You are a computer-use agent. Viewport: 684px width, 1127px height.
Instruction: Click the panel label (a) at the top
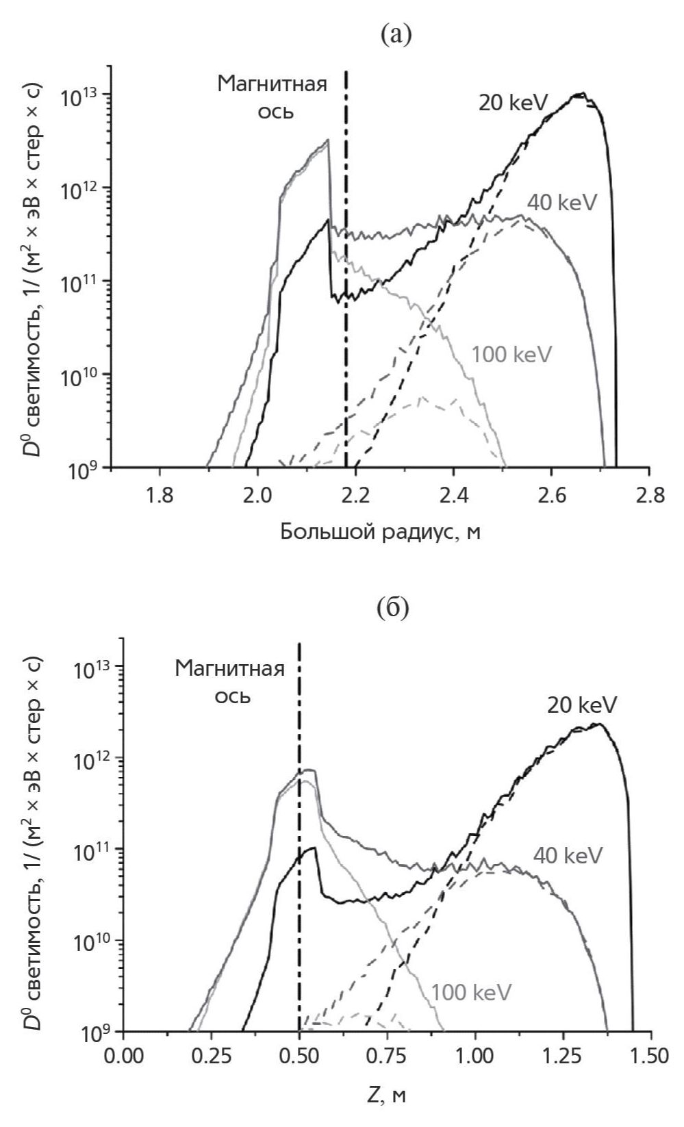pyautogui.click(x=396, y=34)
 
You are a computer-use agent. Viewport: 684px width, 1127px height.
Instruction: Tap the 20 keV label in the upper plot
pyautogui.click(x=514, y=103)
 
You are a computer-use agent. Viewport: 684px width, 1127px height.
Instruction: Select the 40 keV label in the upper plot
pyautogui.click(x=563, y=203)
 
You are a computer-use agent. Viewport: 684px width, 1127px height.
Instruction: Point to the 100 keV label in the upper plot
pyautogui.click(x=511, y=355)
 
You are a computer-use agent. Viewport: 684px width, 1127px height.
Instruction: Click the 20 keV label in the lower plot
pyautogui.click(x=582, y=705)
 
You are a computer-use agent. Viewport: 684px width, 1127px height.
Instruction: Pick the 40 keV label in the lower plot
pyautogui.click(x=568, y=854)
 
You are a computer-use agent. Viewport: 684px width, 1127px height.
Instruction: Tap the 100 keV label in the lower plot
pyautogui.click(x=471, y=992)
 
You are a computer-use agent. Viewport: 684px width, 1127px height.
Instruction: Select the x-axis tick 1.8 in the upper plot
pyautogui.click(x=160, y=496)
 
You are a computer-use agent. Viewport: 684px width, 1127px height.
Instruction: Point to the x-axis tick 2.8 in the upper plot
pyautogui.click(x=649, y=496)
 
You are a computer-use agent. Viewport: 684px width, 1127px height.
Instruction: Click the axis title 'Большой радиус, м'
pyautogui.click(x=380, y=532)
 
